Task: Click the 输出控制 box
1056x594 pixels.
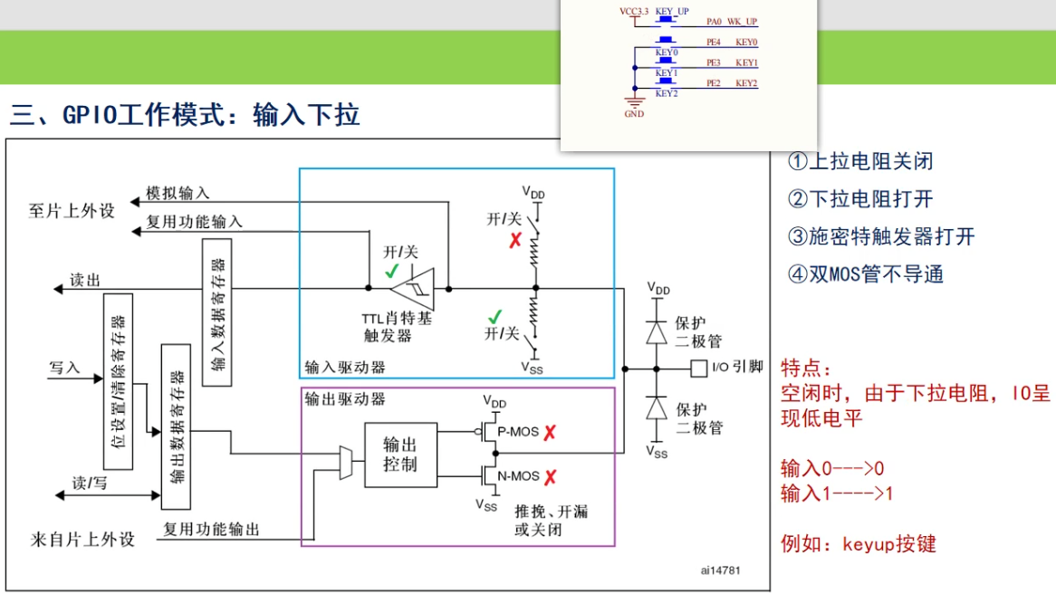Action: coord(400,455)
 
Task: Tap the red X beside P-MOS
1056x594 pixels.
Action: coord(550,432)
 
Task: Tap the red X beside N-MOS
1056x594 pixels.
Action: coord(550,476)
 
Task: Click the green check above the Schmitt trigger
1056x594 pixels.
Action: coord(391,271)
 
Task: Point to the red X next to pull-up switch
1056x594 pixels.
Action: coord(515,240)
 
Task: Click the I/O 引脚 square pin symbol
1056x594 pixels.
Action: coord(698,369)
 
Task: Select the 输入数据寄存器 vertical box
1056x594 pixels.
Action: coord(216,312)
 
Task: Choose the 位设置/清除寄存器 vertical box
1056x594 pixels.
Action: coord(119,381)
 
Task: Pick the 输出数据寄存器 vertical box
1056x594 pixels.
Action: coord(176,426)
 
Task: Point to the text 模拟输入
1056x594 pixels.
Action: coord(178,193)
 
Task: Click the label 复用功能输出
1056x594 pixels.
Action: coord(211,529)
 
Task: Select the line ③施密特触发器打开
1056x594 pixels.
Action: coord(880,237)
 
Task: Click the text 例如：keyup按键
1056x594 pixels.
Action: coord(858,544)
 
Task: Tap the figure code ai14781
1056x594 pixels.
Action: coord(721,570)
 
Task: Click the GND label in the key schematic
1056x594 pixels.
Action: coord(634,115)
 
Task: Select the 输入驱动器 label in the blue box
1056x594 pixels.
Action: coord(345,367)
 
